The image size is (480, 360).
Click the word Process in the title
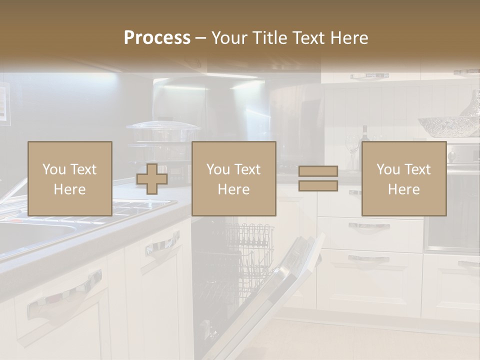pos(157,38)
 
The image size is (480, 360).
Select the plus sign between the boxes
pos(152,179)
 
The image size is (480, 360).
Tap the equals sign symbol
pos(318,179)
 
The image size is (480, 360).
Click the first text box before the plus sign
pos(69,179)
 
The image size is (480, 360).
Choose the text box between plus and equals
pos(233,179)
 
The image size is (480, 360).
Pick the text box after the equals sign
pos(403,179)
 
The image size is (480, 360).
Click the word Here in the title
pos(348,38)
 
